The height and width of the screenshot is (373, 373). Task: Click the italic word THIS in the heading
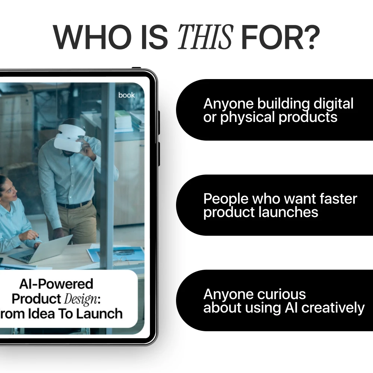(x=205, y=37)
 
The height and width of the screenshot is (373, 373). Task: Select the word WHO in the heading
(x=92, y=37)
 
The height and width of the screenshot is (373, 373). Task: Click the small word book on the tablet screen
(x=126, y=95)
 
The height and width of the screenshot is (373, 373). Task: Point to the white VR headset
(x=69, y=138)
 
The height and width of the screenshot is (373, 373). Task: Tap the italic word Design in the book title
(x=81, y=299)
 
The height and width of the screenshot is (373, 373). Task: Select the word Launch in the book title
(x=100, y=314)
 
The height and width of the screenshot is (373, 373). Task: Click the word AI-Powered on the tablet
(x=56, y=284)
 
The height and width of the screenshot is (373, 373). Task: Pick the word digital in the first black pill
(x=333, y=104)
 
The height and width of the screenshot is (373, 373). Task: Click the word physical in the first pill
(x=247, y=117)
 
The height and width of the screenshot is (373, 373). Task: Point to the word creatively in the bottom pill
(x=333, y=308)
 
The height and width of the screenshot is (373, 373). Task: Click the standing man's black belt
(x=74, y=204)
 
